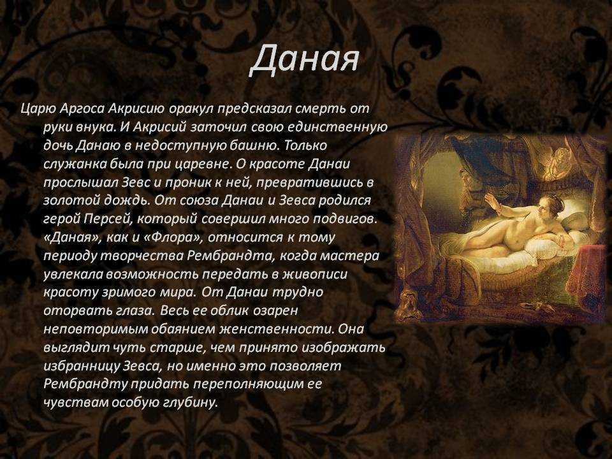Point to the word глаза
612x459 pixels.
[x=131, y=310]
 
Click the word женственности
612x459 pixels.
[x=277, y=329]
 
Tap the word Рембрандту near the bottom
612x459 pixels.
[x=85, y=384]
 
